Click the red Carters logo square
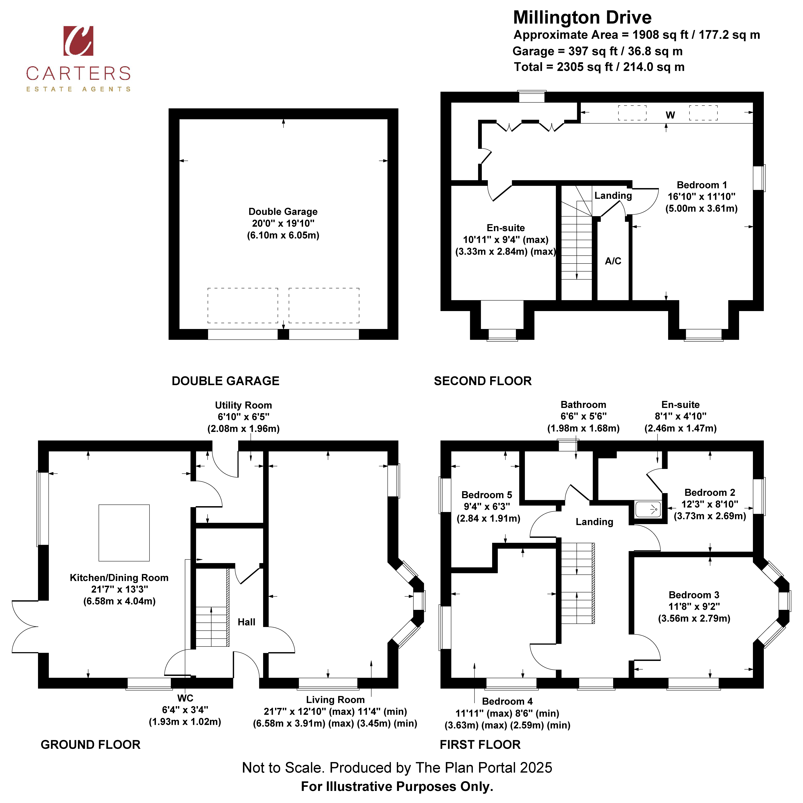[x=78, y=41]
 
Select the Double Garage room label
[x=283, y=211]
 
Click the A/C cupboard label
[x=613, y=261]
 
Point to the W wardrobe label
[x=670, y=115]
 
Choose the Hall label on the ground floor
[x=247, y=622]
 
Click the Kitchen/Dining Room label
[x=119, y=578]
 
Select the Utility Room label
[x=244, y=405]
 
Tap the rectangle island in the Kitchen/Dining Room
[x=124, y=533]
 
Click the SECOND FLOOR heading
[x=483, y=381]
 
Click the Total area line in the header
[x=599, y=67]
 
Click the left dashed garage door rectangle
[x=243, y=305]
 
